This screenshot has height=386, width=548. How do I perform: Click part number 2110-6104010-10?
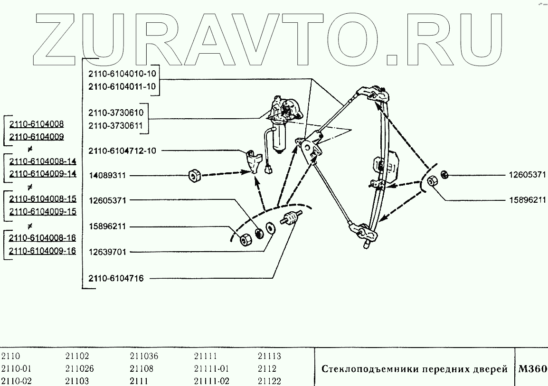(122, 74)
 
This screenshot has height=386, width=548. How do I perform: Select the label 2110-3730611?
(115, 126)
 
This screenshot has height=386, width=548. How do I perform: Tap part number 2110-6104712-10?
(122, 151)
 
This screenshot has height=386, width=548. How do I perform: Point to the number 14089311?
(107, 176)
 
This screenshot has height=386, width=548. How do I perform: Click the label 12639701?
(107, 252)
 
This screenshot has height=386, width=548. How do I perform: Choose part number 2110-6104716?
(115, 279)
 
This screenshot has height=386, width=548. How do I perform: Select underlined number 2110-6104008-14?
(43, 160)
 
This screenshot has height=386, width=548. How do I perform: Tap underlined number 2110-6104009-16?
(43, 251)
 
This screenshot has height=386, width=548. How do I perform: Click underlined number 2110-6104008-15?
(43, 199)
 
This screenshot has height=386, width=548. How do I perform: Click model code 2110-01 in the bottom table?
(16, 369)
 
